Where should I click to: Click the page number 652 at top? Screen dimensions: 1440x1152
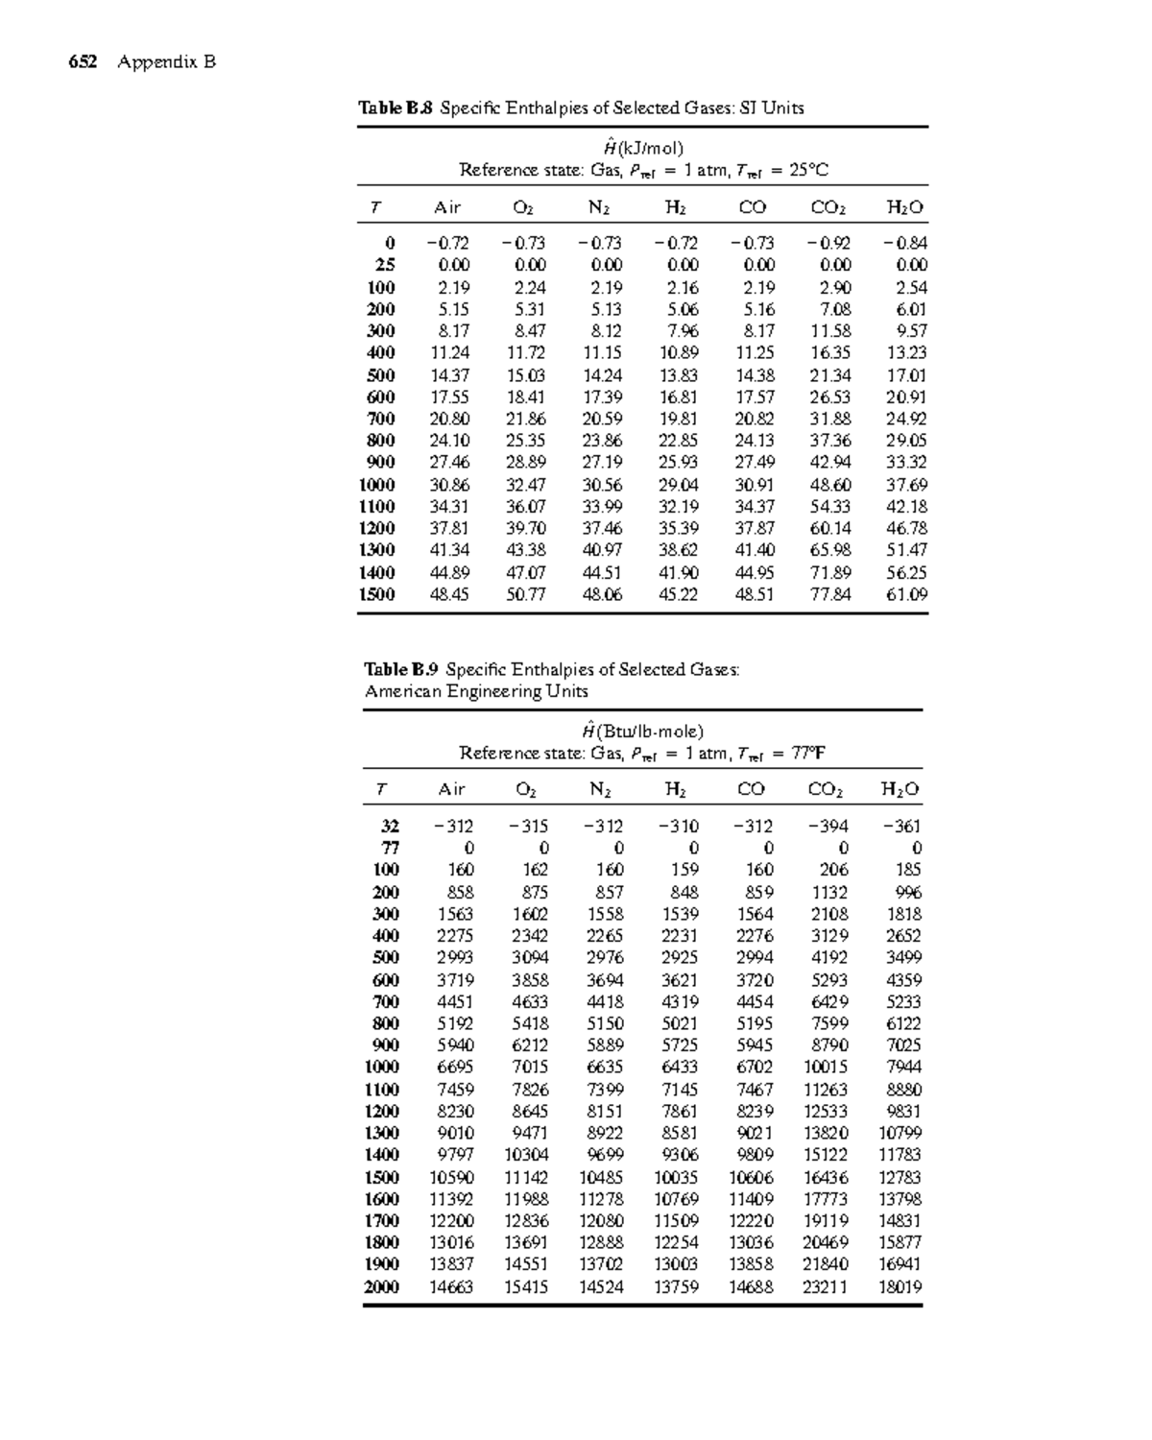pyautogui.click(x=83, y=62)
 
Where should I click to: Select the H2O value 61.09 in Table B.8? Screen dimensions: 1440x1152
pyautogui.click(x=905, y=594)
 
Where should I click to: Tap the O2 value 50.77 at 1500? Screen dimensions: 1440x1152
pyautogui.click(x=525, y=594)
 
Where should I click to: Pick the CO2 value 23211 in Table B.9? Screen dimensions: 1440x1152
pyautogui.click(x=826, y=1286)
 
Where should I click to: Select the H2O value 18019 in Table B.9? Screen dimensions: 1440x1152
pyautogui.click(x=900, y=1286)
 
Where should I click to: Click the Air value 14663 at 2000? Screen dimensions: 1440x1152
pyautogui.click(x=451, y=1286)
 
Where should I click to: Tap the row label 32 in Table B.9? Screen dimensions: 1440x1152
pyautogui.click(x=388, y=826)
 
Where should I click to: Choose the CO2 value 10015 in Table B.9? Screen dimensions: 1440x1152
pyautogui.click(x=826, y=1067)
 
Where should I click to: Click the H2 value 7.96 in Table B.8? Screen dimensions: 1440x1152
pyautogui.click(x=683, y=331)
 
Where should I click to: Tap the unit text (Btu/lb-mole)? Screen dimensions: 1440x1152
pyautogui.click(x=652, y=731)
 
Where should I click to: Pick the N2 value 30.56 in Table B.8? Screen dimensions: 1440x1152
pyautogui.click(x=602, y=485)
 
